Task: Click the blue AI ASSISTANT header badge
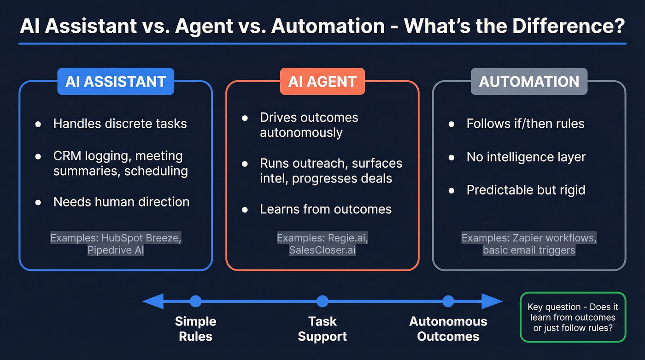tap(116, 82)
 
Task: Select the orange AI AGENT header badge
tap(322, 82)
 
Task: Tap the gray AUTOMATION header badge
tap(529, 82)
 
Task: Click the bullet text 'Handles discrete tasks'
tap(120, 124)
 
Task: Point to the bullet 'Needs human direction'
tap(121, 202)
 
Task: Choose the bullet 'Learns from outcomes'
tap(325, 209)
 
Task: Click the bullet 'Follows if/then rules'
tap(525, 124)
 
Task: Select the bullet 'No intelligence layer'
tap(526, 157)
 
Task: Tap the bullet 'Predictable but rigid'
tap(526, 190)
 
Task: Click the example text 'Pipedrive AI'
tap(116, 251)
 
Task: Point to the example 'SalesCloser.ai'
tap(322, 250)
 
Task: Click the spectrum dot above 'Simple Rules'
tap(196, 301)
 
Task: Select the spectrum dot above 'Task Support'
tap(322, 301)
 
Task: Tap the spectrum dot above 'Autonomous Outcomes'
tap(448, 301)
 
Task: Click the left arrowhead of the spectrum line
tap(151, 301)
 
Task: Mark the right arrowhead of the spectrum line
tap(493, 301)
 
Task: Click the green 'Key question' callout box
tap(573, 317)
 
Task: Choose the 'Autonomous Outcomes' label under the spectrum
tap(448, 329)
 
